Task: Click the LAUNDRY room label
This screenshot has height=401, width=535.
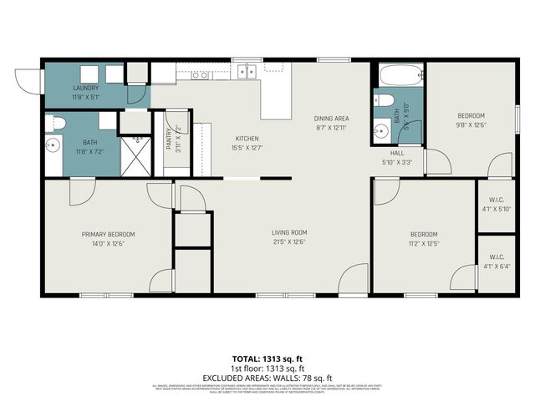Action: coord(86,88)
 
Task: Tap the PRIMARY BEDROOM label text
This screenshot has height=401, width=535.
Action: coord(108,235)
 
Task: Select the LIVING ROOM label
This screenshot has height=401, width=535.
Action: coord(289,232)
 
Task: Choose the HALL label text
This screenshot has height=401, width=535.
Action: coord(396,153)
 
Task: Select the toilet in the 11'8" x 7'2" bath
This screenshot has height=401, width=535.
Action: coord(56,124)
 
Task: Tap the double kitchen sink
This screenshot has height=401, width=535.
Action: coord(245,73)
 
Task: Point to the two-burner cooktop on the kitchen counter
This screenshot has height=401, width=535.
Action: coord(200,75)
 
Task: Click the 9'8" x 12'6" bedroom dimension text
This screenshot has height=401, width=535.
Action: coord(471,125)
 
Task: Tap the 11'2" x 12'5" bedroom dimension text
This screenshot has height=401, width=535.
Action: coord(423,244)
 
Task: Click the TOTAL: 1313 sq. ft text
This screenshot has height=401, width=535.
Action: coord(267,358)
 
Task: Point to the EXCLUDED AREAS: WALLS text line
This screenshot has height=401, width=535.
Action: coord(267,378)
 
